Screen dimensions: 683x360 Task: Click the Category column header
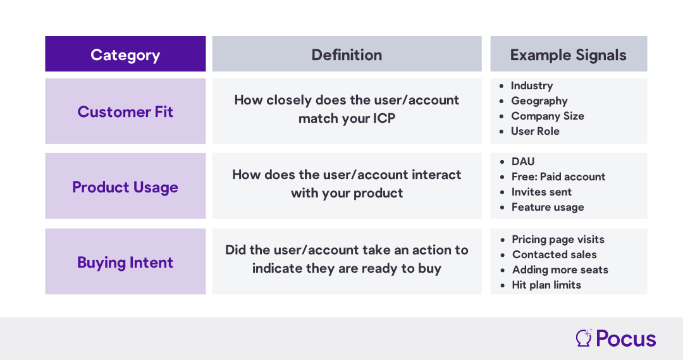point(125,55)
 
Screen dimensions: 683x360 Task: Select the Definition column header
point(347,55)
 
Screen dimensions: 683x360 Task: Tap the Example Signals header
point(569,55)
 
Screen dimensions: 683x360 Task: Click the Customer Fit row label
point(125,112)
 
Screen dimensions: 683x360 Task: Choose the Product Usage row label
point(125,187)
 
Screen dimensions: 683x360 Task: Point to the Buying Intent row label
point(125,263)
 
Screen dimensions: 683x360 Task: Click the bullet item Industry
point(532,86)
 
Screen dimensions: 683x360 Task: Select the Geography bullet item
point(539,101)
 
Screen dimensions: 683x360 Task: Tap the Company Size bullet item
point(548,116)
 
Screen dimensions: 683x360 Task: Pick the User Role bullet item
point(536,131)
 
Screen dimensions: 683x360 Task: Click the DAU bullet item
point(523,162)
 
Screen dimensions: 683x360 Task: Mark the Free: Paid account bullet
point(558,177)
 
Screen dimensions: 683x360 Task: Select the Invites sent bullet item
point(541,192)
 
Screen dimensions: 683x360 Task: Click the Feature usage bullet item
point(548,207)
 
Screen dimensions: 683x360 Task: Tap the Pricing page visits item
point(558,239)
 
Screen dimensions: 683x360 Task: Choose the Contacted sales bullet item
point(555,254)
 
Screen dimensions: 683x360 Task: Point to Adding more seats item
point(560,270)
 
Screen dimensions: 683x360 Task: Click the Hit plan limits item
point(546,285)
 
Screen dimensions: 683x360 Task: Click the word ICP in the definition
point(384,118)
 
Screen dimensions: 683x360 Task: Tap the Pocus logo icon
point(584,338)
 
